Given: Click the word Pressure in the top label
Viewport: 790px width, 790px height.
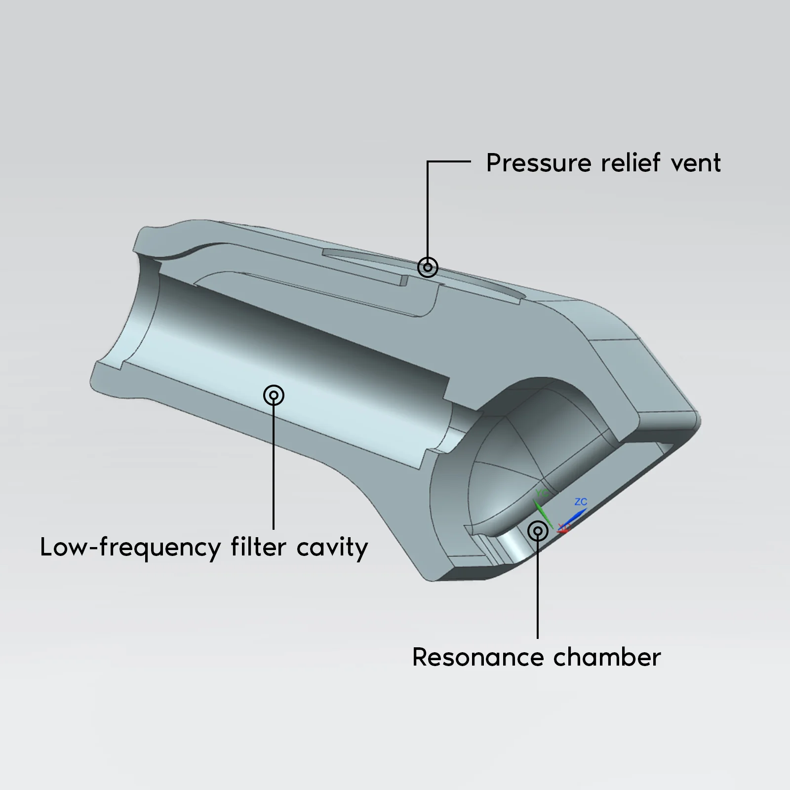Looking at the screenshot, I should [x=538, y=163].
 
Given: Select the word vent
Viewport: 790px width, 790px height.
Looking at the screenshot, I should [x=696, y=163].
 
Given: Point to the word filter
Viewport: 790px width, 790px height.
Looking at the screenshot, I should [x=258, y=547].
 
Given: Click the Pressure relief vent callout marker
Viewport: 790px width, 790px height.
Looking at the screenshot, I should [x=428, y=267].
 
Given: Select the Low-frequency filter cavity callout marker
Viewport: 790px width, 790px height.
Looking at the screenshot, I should [x=274, y=395].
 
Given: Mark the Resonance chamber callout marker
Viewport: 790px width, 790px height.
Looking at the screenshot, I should [x=538, y=531].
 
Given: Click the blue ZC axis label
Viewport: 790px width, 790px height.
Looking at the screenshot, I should [x=581, y=502].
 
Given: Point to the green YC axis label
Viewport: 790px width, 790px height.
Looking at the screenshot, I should [x=542, y=493].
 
